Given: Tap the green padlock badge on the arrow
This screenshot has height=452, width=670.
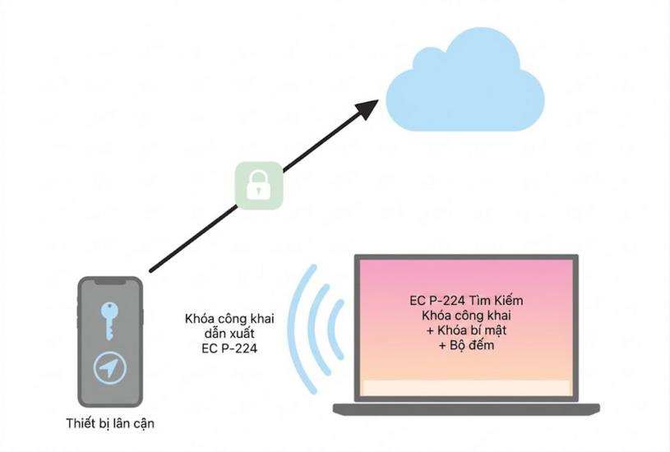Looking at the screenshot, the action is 259,186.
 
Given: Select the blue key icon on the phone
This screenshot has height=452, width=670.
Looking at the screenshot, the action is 109,321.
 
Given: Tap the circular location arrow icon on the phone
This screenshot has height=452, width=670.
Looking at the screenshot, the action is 110,368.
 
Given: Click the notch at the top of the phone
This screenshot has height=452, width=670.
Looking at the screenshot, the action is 110,282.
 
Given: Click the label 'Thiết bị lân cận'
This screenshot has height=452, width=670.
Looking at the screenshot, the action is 110,423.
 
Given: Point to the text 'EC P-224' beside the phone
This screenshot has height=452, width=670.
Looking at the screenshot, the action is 229,348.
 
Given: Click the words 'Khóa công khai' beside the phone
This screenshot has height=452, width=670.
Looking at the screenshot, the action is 229,319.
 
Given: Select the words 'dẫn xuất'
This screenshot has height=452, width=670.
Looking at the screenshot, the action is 229,334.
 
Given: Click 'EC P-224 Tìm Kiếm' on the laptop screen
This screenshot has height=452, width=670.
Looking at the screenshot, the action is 466,300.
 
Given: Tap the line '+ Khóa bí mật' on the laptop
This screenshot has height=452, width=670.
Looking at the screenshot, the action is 466,330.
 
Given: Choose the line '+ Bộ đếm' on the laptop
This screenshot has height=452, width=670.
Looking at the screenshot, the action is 466,345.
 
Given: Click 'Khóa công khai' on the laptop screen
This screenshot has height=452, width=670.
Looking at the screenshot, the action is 466,316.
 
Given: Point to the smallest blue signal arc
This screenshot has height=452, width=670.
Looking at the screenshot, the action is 337,329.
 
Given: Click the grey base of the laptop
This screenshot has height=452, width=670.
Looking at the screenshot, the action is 466,408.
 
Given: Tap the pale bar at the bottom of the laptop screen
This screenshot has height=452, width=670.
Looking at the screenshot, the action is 466,388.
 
